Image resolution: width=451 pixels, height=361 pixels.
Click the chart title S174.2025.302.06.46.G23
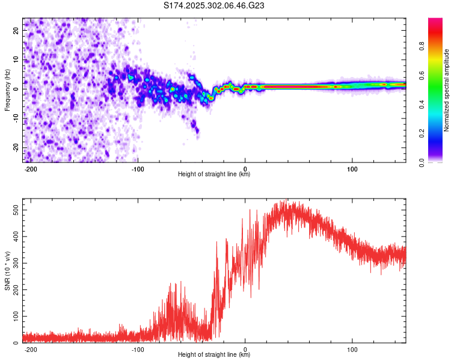(x=213, y=5)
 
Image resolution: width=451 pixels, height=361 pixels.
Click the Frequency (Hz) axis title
(x=7, y=90)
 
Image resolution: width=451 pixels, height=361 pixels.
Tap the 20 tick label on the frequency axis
(x=16, y=31)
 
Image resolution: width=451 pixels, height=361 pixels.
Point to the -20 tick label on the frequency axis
(x=16, y=148)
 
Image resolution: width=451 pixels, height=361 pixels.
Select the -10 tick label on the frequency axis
(x=16, y=119)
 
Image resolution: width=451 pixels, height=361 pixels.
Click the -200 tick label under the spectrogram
(x=30, y=169)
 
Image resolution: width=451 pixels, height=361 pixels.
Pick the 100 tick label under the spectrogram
(x=352, y=169)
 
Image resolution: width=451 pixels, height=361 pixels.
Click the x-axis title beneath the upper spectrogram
(x=214, y=174)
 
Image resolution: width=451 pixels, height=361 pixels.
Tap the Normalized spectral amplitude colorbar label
(x=446, y=90)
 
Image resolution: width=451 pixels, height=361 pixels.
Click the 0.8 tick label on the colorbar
(x=422, y=46)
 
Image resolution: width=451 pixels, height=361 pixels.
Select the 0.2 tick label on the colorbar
(x=422, y=134)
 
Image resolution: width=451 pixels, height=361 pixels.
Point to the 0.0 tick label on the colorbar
(x=422, y=162)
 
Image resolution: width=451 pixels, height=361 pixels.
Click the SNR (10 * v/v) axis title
(x=7, y=271)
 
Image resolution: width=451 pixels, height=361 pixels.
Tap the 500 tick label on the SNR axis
(x=16, y=210)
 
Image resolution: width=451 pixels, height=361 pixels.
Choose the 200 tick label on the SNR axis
(x=16, y=290)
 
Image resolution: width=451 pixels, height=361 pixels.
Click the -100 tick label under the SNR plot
(x=138, y=350)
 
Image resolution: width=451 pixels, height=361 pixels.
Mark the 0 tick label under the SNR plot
(x=245, y=350)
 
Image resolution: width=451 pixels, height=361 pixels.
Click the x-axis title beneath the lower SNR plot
(x=214, y=354)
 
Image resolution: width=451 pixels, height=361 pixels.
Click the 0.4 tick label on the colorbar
(x=422, y=105)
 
